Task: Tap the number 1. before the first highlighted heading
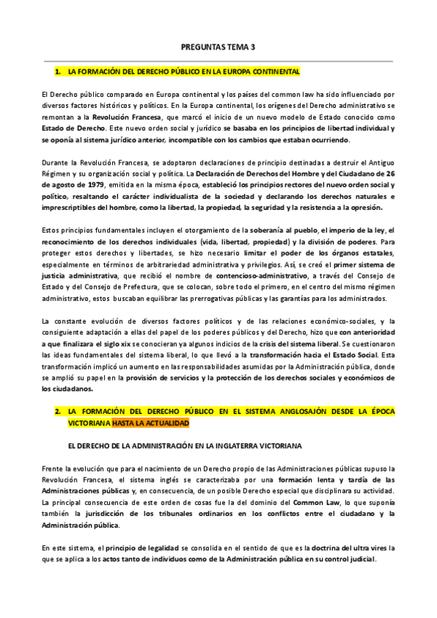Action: [x=58, y=73]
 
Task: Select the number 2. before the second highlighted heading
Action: [x=58, y=412]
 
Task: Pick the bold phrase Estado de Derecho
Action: [x=70, y=128]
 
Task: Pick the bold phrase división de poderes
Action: [x=340, y=242]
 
